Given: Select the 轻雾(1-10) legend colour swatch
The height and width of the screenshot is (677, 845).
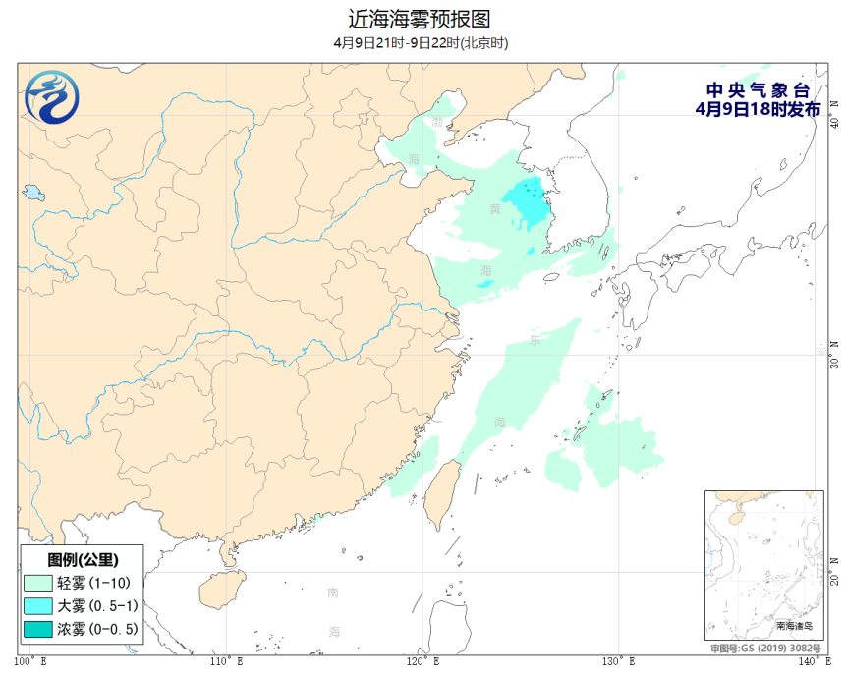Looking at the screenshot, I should click(x=40, y=583).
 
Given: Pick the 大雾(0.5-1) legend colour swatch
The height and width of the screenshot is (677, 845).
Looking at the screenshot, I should click(x=40, y=606).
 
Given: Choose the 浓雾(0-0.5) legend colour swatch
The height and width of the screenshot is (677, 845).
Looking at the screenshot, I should click(x=40, y=629).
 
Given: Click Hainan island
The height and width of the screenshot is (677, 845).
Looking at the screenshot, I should click(x=221, y=591).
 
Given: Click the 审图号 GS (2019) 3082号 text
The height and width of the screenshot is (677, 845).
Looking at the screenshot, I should click(x=765, y=649).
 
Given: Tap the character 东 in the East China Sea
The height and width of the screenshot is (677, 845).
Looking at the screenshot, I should click(x=535, y=341).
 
